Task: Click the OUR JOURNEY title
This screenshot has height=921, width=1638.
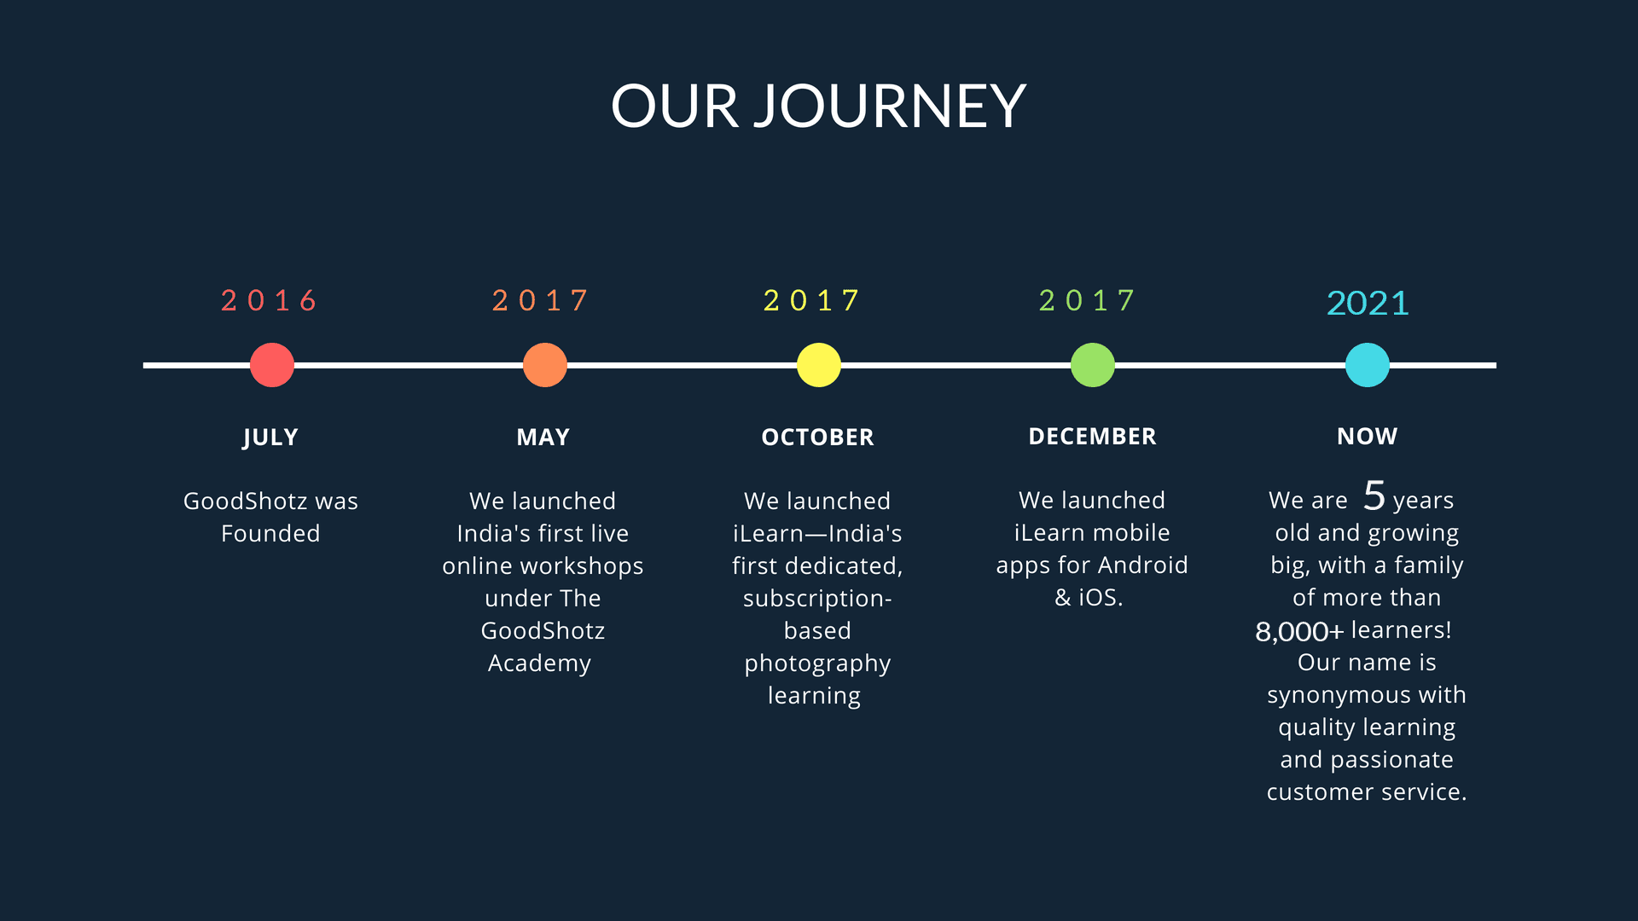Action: (x=818, y=107)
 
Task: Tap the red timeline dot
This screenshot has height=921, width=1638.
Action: (x=272, y=365)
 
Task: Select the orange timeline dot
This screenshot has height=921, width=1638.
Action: (x=545, y=365)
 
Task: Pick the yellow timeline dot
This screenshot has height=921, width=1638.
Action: (x=819, y=365)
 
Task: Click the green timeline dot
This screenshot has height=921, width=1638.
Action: (x=1093, y=365)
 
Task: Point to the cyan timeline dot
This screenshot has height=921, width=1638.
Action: (x=1368, y=365)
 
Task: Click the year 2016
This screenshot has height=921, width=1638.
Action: (x=269, y=300)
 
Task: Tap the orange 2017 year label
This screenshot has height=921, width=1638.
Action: (x=540, y=300)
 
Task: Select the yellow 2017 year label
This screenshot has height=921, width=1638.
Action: (x=811, y=300)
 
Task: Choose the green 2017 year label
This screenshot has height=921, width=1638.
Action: (x=1087, y=300)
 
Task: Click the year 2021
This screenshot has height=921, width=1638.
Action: (x=1368, y=303)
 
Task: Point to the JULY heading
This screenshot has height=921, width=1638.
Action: (x=270, y=437)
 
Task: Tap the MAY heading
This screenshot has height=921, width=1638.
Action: (x=543, y=437)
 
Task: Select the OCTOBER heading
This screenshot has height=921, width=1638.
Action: (x=817, y=437)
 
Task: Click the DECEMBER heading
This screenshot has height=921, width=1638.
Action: (x=1093, y=437)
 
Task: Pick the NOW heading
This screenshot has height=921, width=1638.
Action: (x=1368, y=437)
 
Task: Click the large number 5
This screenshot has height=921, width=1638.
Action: (x=1374, y=495)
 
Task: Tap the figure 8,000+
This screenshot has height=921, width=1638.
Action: (x=1299, y=631)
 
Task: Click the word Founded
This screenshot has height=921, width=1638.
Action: (x=270, y=534)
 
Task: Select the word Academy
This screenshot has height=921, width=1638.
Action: (x=539, y=664)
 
